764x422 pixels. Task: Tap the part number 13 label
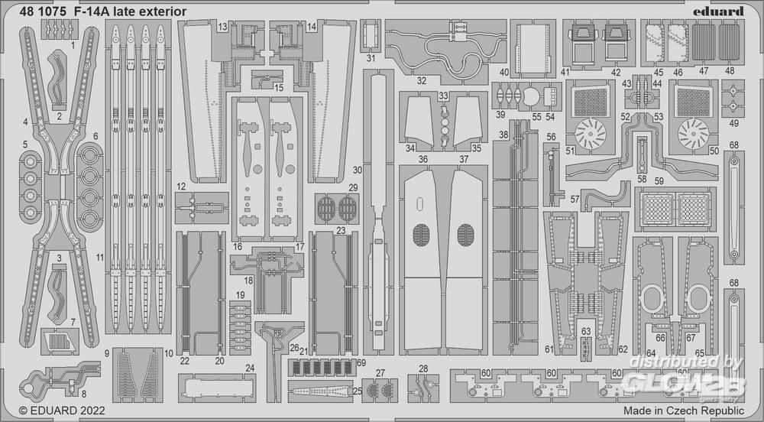pyautogui.click(x=222, y=27)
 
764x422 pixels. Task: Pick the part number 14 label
pyautogui.click(x=312, y=27)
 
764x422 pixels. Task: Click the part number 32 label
pyautogui.click(x=422, y=80)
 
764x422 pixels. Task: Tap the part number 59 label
pyautogui.click(x=659, y=180)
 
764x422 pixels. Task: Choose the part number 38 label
pyautogui.click(x=503, y=135)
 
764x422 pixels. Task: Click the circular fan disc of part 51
pyautogui.click(x=591, y=135)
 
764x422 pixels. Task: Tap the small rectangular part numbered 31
pyautogui.click(x=371, y=34)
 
